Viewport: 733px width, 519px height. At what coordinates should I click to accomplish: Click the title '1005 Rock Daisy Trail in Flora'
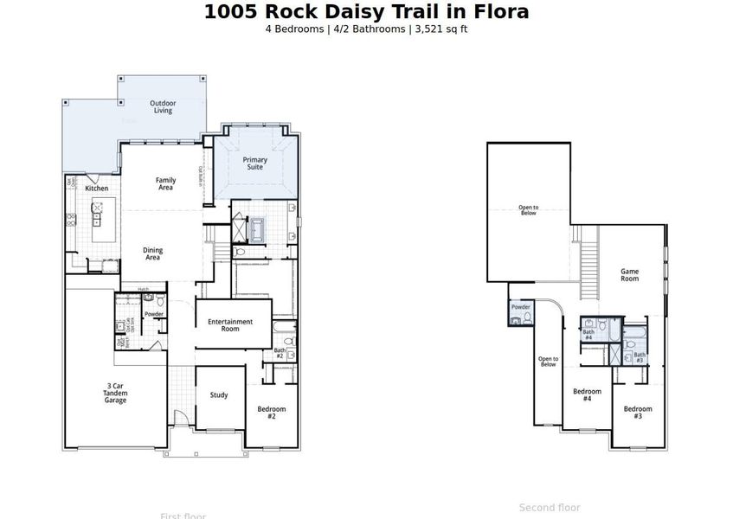(x=366, y=12)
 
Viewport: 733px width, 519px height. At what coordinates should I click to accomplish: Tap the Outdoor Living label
(x=162, y=106)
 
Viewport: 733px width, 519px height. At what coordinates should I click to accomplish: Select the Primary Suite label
(x=254, y=163)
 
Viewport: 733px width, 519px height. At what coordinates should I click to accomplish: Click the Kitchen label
(x=96, y=188)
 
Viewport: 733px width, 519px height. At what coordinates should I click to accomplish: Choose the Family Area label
(x=165, y=183)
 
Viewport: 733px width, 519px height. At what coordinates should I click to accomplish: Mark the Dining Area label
(x=152, y=253)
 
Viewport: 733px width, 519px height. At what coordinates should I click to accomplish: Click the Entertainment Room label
(x=230, y=325)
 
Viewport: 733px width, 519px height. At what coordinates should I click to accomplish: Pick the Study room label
(x=219, y=395)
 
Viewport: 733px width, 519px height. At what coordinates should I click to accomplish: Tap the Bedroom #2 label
(x=271, y=413)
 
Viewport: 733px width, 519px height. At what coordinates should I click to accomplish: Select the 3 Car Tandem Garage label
(x=115, y=394)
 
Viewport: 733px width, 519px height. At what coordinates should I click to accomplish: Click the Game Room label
(x=629, y=275)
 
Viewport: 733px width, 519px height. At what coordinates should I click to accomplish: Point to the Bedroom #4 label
(x=587, y=395)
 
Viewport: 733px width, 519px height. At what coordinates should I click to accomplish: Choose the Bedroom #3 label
(x=638, y=413)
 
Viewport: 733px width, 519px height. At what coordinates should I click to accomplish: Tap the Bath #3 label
(x=640, y=356)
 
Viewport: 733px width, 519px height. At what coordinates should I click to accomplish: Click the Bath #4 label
(x=588, y=335)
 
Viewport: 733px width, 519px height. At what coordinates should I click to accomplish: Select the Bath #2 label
(x=280, y=353)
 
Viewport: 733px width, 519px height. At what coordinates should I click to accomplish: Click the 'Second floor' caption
(x=550, y=508)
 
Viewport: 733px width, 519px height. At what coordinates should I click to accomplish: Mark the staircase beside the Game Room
(x=588, y=269)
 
